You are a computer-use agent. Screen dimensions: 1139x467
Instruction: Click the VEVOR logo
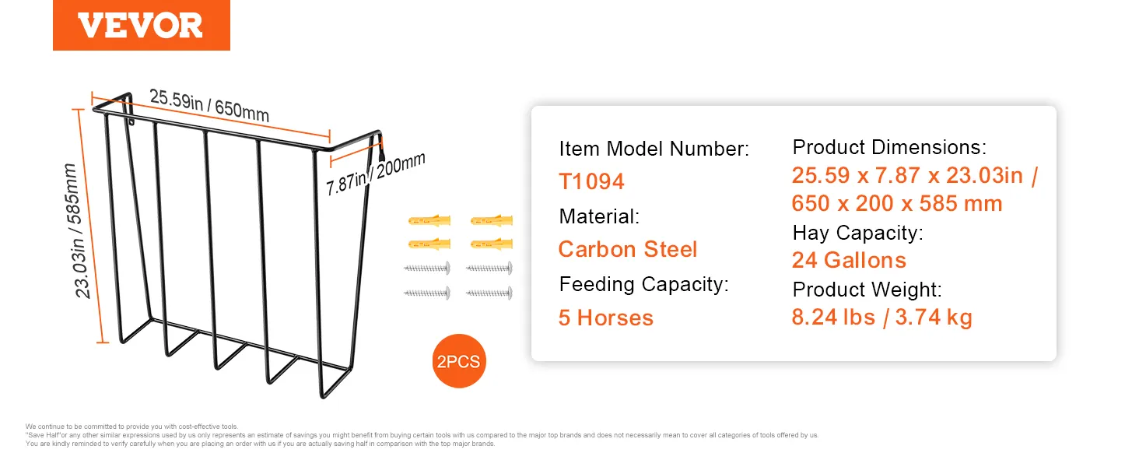(141, 25)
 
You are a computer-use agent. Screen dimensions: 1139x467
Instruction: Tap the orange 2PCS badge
(459, 361)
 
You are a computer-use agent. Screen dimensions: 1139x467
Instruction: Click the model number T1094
(591, 181)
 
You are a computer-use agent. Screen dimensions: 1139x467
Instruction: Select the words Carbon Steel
(628, 249)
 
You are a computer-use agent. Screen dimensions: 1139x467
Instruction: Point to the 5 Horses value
(605, 318)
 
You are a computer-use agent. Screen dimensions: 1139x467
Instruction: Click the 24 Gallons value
(849, 260)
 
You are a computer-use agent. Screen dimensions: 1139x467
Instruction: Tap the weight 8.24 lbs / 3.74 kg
(881, 317)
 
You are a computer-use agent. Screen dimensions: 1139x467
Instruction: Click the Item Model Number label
(654, 149)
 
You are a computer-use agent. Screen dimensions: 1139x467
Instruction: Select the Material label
(599, 216)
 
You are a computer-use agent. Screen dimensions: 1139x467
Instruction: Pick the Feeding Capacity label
(643, 284)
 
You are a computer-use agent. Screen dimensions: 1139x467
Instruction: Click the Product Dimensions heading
(889, 148)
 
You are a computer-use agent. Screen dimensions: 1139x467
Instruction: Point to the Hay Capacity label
(858, 233)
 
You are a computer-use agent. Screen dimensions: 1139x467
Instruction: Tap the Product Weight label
(867, 290)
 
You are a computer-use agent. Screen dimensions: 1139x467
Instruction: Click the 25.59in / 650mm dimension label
(209, 105)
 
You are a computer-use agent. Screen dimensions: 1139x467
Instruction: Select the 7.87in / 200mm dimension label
(375, 174)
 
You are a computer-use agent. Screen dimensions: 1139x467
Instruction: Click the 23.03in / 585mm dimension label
(77, 231)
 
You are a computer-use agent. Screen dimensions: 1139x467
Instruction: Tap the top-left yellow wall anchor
(429, 221)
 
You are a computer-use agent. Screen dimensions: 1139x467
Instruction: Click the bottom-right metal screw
(489, 293)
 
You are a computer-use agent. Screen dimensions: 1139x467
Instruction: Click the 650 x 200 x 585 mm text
(897, 203)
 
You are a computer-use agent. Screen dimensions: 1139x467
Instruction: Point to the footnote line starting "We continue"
(131, 427)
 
